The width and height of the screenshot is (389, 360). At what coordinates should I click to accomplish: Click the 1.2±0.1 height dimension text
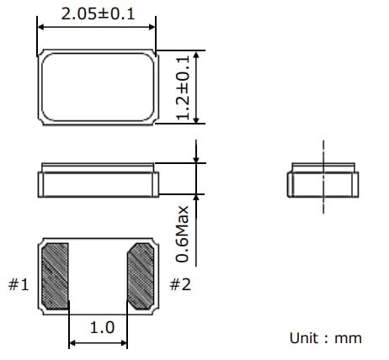(184, 87)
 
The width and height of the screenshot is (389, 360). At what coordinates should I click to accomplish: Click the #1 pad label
(19, 285)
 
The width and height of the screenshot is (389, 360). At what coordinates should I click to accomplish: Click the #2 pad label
(179, 285)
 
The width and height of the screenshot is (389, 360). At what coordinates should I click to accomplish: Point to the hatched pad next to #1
(56, 274)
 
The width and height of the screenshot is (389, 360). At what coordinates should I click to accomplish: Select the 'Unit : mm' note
(325, 338)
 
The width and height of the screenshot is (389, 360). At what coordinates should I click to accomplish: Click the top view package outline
(97, 87)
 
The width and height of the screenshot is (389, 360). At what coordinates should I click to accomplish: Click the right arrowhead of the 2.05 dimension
(152, 26)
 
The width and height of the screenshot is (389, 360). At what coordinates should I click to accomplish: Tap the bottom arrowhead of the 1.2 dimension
(197, 121)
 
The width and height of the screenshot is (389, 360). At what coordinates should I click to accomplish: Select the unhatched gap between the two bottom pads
(98, 274)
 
